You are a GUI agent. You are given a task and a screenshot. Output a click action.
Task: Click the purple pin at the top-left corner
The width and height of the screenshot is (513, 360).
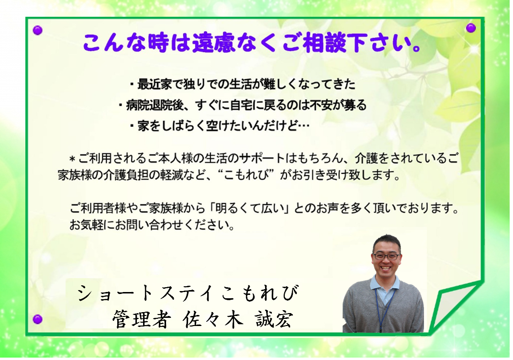coord(38,31)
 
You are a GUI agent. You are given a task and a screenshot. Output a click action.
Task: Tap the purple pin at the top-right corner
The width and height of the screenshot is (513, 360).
coord(471,28)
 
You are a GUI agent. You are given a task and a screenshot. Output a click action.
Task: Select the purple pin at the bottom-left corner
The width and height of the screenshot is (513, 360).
coord(38,319)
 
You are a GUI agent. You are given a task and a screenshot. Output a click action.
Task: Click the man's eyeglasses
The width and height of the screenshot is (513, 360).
coord(387,257)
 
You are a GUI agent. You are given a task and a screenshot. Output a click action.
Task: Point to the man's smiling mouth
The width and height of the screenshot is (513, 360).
coord(386,268)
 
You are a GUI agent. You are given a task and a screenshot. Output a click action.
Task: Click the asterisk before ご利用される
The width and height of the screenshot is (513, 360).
coord(72,159)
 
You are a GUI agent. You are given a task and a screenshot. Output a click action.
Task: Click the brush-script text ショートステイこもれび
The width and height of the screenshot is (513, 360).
coord(188,293)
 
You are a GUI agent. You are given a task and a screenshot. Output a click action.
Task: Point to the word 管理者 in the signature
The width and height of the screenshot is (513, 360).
coord(141,319)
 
